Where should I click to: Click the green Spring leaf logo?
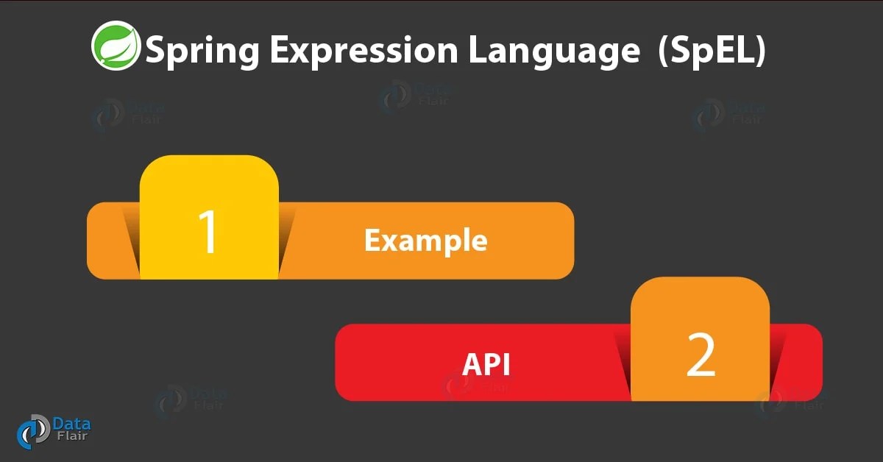click(116, 46)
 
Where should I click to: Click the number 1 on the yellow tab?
click(208, 232)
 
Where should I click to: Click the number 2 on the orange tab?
click(700, 355)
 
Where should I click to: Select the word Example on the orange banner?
click(425, 241)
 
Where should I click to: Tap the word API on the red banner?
click(486, 363)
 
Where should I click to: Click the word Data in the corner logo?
click(71, 424)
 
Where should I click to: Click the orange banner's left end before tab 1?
click(110, 241)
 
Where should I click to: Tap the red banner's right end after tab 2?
click(798, 362)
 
